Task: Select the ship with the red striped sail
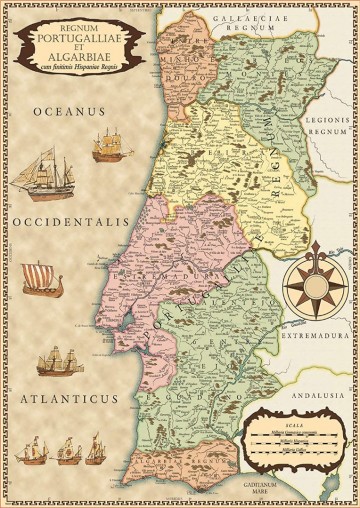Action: tap(43, 277)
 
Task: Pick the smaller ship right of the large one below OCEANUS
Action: tap(111, 149)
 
